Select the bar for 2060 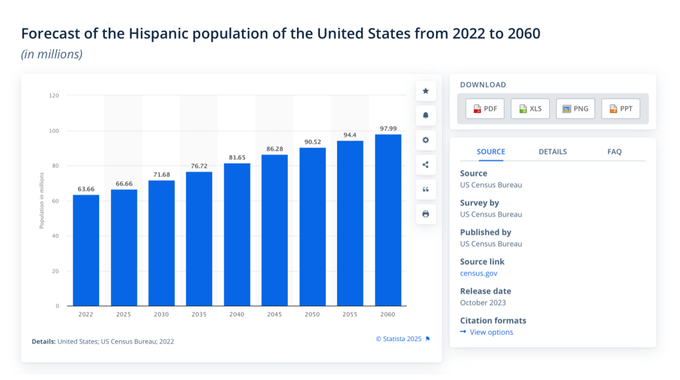pos(388,220)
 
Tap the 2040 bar pos(237,234)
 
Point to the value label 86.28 pos(275,149)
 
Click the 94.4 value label pos(350,135)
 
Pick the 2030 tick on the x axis pos(162,314)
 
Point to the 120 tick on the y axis pos(54,96)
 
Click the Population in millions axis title pos(41,200)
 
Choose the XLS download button pos(530,109)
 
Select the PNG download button pos(575,109)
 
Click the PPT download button pos(620,109)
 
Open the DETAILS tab pos(552,151)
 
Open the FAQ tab pos(614,151)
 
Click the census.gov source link pos(479,273)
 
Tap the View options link pos(491,332)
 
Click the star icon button pos(426,91)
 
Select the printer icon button pos(426,214)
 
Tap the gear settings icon pos(426,140)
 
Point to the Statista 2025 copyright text pos(399,339)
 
